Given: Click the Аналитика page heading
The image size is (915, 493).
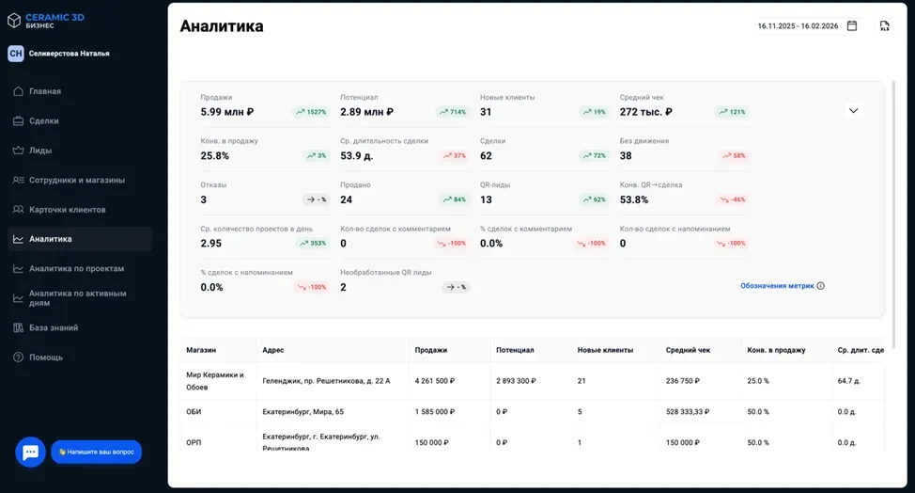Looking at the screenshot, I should point(222,26).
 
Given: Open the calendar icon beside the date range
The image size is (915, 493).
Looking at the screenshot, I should point(852,26).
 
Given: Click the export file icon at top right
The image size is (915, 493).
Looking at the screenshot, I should point(884,26).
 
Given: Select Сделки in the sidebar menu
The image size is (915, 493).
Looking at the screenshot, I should point(44,120).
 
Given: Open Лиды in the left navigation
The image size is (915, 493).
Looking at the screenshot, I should point(40,151).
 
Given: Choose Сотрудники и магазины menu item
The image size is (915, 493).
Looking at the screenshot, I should point(77,180).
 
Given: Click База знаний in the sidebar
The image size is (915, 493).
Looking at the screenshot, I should point(54,327).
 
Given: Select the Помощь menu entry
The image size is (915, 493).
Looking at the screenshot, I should point(46,358).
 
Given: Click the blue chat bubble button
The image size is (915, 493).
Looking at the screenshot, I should point(30,452).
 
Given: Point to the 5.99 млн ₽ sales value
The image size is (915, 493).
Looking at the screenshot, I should point(227,112).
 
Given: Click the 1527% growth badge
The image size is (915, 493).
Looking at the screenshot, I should point(311,112).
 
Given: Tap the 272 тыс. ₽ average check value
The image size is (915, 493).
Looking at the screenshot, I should point(646,112).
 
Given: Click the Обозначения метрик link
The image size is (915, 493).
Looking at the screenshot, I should point(777,286).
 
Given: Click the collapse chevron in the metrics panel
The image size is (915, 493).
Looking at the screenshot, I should point(853,110).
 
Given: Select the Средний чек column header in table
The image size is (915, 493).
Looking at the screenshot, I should point(688,350).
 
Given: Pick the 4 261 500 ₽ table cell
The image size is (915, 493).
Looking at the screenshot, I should point(435,381).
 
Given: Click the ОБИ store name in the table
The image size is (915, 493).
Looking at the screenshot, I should point(194,411).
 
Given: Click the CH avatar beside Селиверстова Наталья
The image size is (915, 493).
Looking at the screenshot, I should point(16,54).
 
